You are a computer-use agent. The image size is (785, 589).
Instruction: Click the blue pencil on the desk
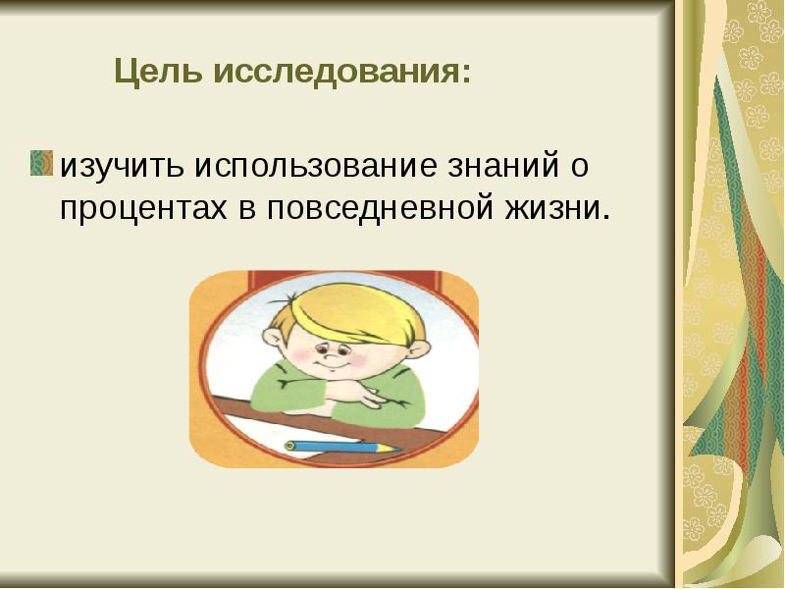pos(339,447)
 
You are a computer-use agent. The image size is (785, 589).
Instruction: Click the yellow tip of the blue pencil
pos(394,449)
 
